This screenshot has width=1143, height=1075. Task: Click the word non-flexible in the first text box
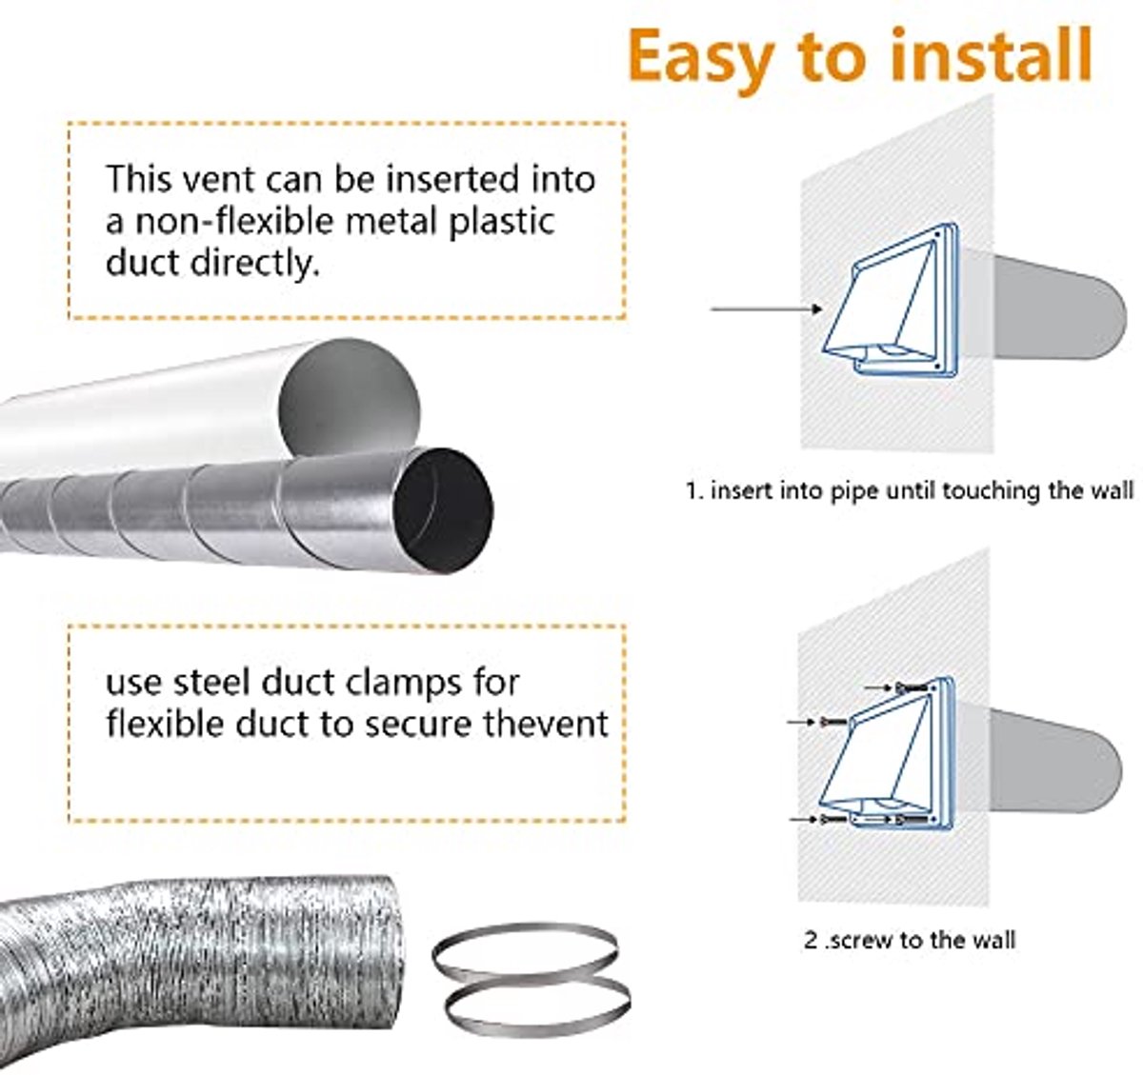click(x=234, y=221)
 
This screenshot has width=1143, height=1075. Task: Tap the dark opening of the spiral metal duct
click(x=443, y=510)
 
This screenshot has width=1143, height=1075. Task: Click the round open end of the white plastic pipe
click(x=349, y=398)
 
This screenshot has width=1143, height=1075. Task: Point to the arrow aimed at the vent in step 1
click(x=767, y=309)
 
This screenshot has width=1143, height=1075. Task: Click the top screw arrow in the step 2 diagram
click(x=879, y=687)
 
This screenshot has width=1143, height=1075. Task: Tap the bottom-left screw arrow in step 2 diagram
click(x=804, y=819)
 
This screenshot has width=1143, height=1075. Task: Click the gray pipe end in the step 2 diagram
click(x=1056, y=762)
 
